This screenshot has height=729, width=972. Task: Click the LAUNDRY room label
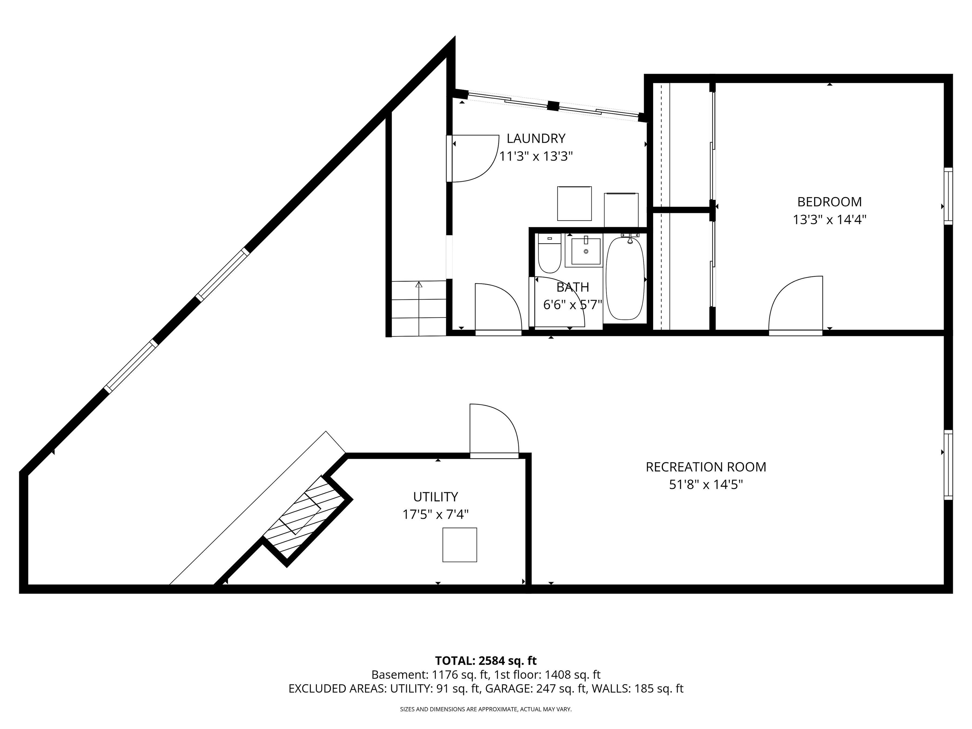point(536,138)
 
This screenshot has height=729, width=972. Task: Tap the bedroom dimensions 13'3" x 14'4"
point(829,220)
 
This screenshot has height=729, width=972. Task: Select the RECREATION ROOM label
point(706,467)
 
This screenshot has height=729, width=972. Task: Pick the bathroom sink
point(585,251)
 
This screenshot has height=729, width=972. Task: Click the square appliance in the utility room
point(459,545)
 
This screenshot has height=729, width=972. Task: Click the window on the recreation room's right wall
point(948,465)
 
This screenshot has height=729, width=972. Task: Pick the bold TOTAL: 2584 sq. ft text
point(486,660)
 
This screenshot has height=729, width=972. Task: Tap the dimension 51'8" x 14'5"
point(706,485)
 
